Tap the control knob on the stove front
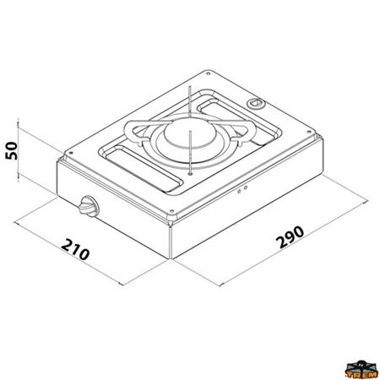pyautogui.click(x=87, y=205)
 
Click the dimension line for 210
pyautogui.click(x=72, y=245)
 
